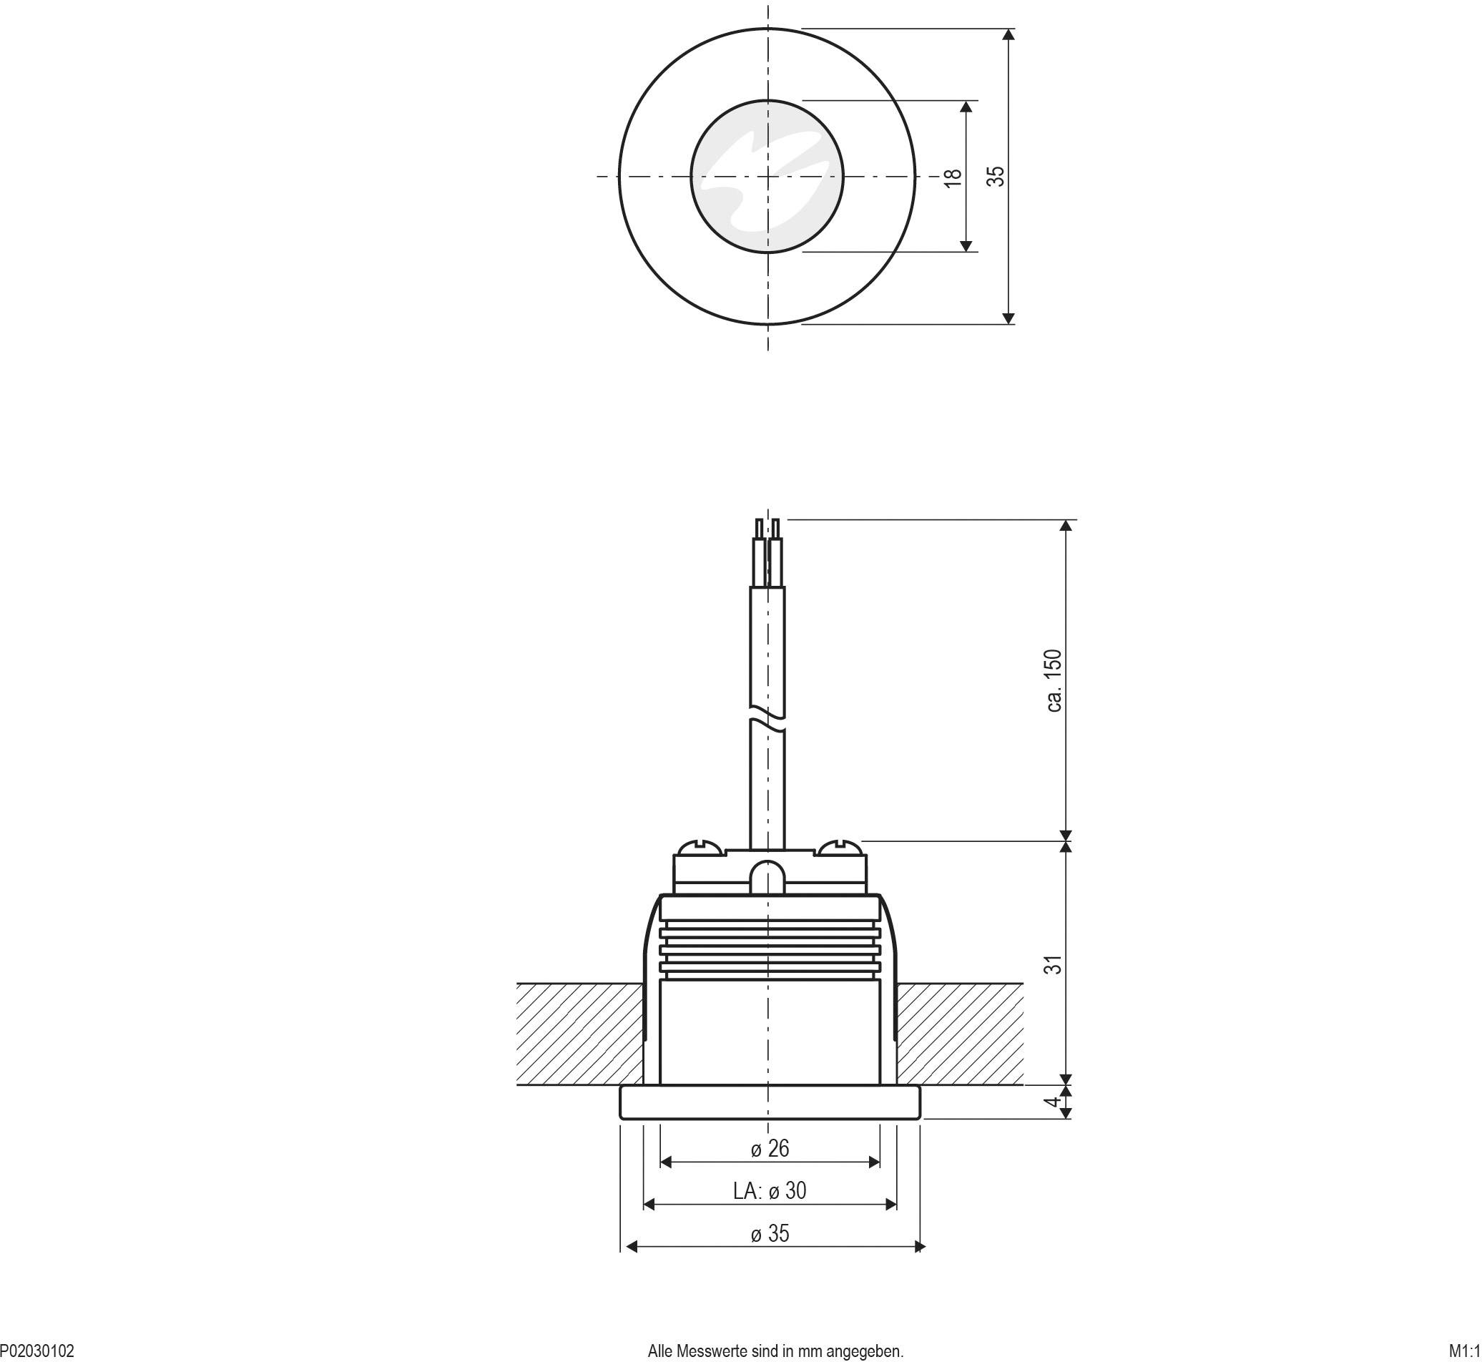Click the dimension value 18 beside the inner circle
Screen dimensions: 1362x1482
(953, 177)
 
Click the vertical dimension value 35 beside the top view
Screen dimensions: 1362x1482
(996, 176)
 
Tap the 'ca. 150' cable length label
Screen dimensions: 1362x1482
(1054, 680)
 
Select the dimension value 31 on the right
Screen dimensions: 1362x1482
(1055, 964)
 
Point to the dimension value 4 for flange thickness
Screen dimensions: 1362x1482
(1055, 1102)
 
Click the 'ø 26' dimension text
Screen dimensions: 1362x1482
(770, 1147)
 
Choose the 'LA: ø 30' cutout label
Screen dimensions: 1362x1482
(770, 1190)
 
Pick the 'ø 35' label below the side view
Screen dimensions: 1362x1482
(770, 1233)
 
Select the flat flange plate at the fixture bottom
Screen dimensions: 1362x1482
(770, 1102)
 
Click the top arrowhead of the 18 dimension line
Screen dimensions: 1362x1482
(967, 107)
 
